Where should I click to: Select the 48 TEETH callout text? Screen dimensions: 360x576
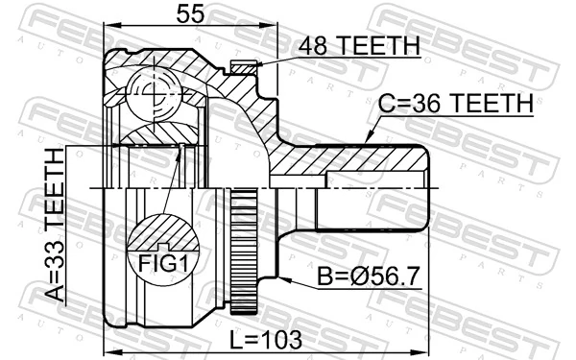click(x=358, y=45)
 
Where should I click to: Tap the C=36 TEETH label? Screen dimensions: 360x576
click(x=453, y=104)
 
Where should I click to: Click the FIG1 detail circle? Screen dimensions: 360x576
click(x=165, y=249)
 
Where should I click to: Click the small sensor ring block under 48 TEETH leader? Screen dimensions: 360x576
click(x=246, y=67)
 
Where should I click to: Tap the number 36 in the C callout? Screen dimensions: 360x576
click(x=424, y=104)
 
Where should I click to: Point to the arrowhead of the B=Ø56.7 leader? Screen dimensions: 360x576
click(x=285, y=279)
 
